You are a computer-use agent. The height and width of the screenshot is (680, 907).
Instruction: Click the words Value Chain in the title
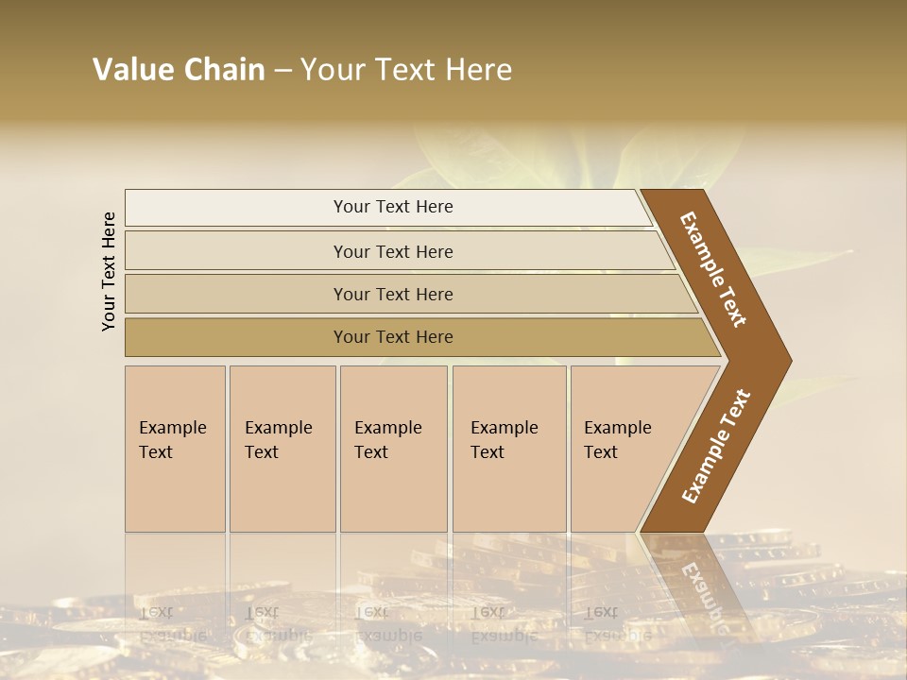point(179,70)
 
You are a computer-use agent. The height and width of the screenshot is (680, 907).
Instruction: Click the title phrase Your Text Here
point(406,70)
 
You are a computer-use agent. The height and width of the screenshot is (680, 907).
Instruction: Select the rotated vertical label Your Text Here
point(109,271)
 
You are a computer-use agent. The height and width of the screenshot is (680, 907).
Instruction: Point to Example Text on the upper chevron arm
point(713,269)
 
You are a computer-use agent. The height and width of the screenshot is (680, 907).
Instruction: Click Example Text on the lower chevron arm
point(715,447)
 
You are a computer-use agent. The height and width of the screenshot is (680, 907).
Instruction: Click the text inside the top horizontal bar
point(393,207)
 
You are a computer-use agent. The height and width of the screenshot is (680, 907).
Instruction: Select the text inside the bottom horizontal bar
point(393,337)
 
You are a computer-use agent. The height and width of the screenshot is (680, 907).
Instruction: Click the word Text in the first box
point(156,452)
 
